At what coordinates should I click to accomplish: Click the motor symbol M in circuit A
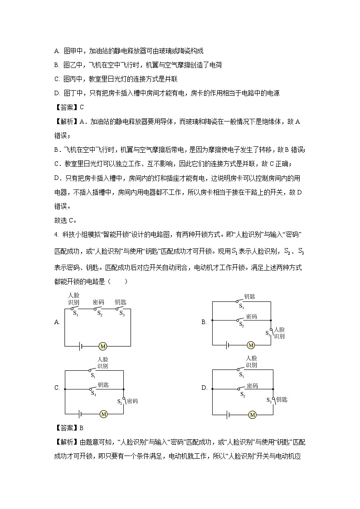102,346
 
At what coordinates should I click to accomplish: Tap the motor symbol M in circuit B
251,345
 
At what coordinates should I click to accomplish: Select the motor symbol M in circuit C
103,414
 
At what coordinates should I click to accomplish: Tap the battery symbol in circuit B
227,345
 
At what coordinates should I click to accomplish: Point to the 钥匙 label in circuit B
249,296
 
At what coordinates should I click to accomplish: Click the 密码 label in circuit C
132,401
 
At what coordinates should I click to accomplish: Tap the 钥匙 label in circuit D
282,399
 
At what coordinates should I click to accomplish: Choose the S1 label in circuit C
92,375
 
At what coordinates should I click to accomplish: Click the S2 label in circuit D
242,394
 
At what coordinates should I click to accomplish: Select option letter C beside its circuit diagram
57,388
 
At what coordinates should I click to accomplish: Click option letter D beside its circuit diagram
204,388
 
